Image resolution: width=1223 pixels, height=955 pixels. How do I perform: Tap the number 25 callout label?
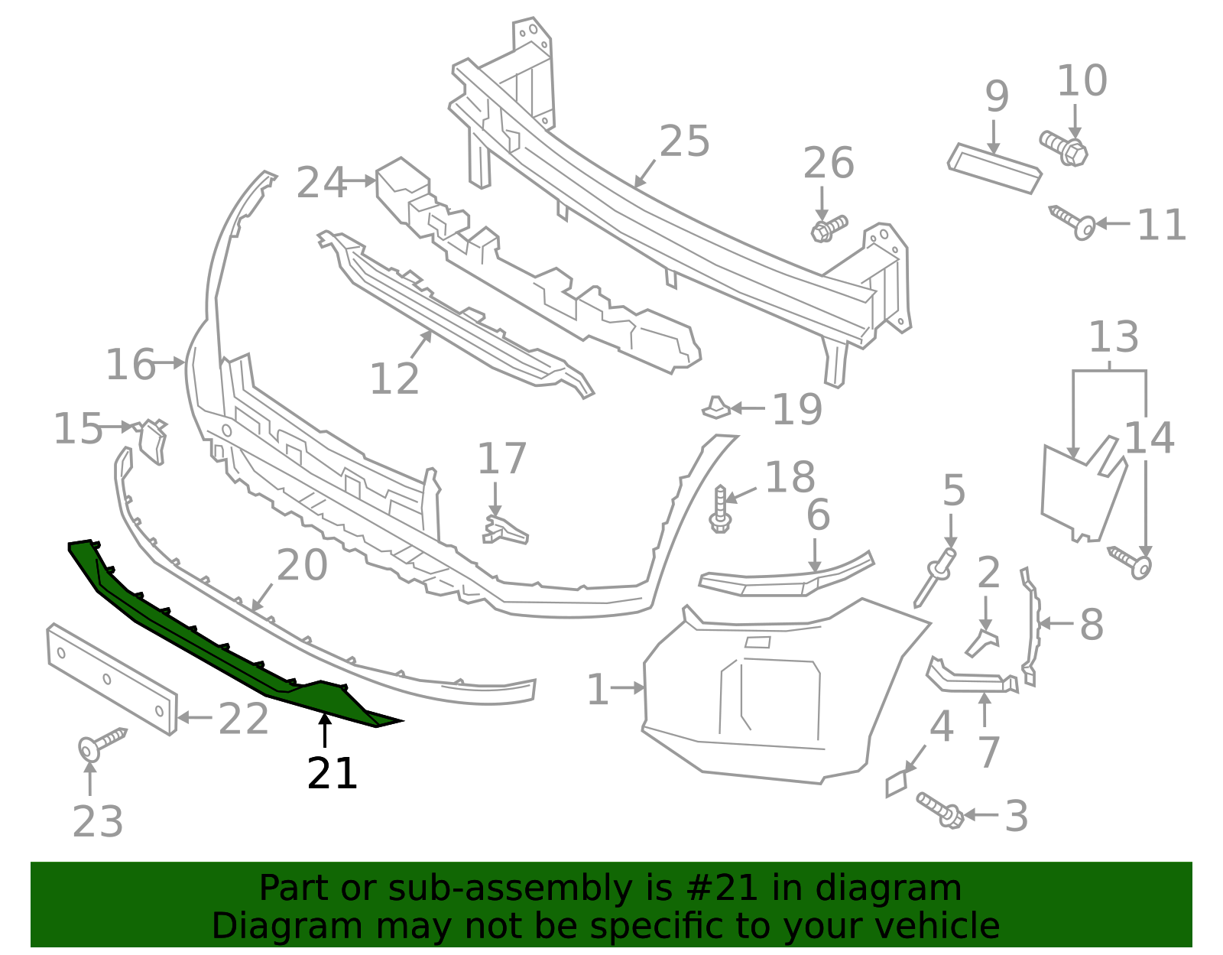click(x=684, y=142)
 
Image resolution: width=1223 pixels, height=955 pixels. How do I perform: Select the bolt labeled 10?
click(x=1064, y=148)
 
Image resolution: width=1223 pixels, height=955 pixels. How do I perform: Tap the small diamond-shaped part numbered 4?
click(x=896, y=784)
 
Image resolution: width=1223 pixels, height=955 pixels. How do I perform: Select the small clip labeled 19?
click(x=716, y=408)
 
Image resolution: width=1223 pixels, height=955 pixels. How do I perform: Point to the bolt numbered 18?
click(x=720, y=509)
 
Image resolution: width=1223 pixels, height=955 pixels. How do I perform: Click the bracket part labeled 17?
click(x=504, y=529)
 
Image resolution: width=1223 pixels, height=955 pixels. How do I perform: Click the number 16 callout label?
click(x=130, y=365)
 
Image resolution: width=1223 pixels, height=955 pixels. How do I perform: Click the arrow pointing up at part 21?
click(x=325, y=730)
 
